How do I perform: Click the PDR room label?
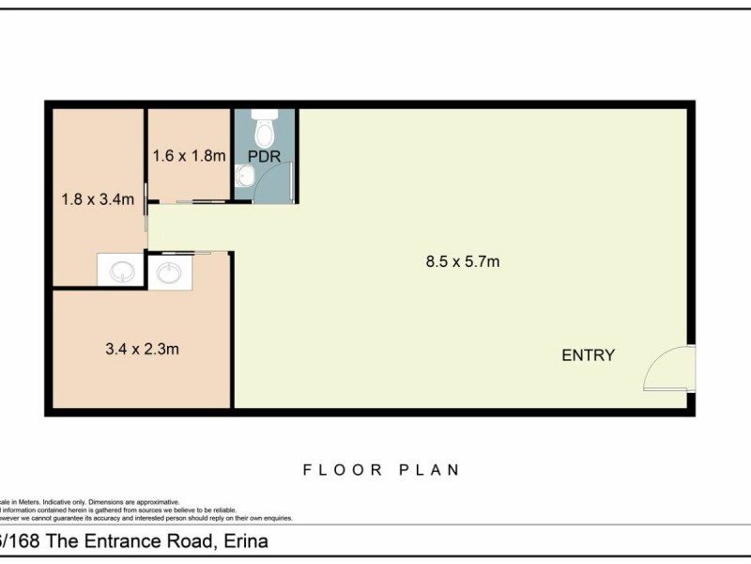[265, 156]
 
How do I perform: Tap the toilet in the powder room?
[265, 123]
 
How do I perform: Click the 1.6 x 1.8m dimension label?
[189, 156]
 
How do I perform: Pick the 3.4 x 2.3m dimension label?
[142, 349]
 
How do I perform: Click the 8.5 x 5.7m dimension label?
[462, 261]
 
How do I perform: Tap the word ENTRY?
[588, 355]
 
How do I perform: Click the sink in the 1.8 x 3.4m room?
[121, 272]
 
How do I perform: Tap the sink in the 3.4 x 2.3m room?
[170, 273]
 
